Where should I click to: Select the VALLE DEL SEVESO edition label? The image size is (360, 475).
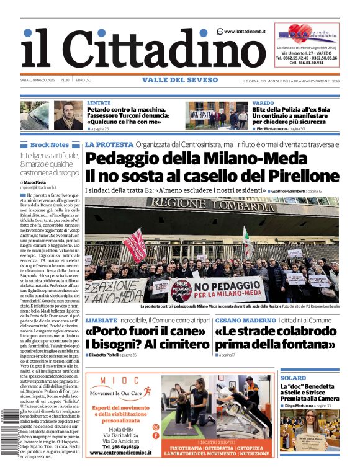[x=180, y=80]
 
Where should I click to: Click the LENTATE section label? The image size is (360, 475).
[x=99, y=103]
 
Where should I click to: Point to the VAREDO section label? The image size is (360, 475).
[x=263, y=103]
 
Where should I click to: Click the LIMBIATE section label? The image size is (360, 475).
[x=101, y=321]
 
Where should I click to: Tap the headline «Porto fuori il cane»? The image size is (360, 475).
[x=146, y=331]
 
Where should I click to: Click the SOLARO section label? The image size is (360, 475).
[x=293, y=378]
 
